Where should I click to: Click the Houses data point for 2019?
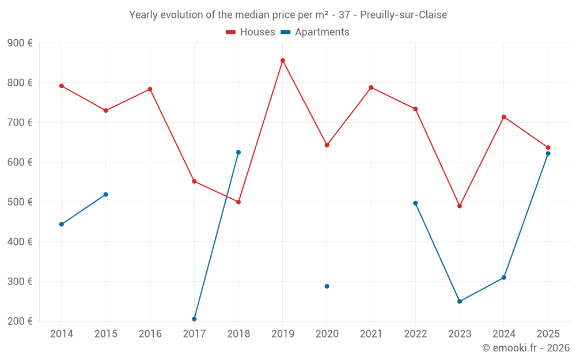pos(283,60)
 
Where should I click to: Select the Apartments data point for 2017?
pos(194,319)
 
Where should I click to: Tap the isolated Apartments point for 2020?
pos(327,286)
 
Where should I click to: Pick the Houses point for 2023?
pos(460,206)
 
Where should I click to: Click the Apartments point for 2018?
pos(238,153)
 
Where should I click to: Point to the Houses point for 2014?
pos(62,86)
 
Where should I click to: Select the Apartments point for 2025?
pos(548,153)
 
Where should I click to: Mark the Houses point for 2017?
pos(194,181)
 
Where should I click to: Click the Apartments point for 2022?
pos(415,203)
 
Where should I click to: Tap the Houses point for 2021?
pos(371,88)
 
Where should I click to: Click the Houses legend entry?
pos(251,32)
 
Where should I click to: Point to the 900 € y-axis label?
pos(20,43)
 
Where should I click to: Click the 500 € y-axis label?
pos(20,202)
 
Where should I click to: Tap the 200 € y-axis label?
pos(20,321)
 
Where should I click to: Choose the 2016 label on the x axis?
pos(150,334)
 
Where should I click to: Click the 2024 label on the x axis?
pos(504,334)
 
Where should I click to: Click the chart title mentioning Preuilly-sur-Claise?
pos(288,15)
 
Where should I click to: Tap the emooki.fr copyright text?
pos(526,348)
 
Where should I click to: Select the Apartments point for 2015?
pos(106,195)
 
